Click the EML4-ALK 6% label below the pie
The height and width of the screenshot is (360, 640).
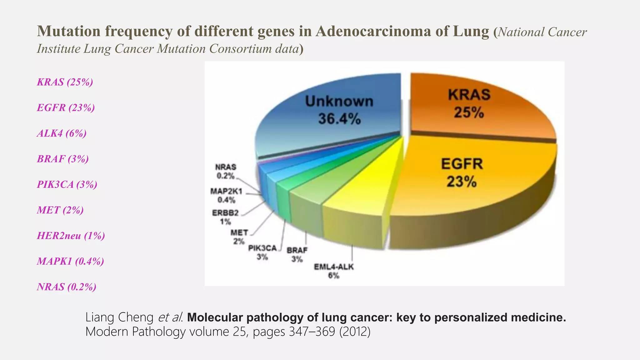(x=333, y=271)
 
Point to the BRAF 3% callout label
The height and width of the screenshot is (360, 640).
(x=297, y=254)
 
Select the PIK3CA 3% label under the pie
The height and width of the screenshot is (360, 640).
(x=262, y=252)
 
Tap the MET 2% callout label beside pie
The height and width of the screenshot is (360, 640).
(x=239, y=237)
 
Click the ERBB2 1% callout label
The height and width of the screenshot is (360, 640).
(x=225, y=217)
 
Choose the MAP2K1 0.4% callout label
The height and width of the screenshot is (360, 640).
(x=226, y=195)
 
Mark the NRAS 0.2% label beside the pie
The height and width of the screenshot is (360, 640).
(x=226, y=171)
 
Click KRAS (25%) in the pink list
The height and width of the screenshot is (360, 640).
(x=65, y=82)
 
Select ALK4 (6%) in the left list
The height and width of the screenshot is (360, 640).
(x=62, y=133)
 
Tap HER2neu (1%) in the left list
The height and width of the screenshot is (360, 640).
(x=71, y=235)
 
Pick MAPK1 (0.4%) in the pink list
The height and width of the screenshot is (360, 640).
(x=70, y=261)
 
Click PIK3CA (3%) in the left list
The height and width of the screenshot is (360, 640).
(x=67, y=184)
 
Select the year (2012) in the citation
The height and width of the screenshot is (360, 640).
(x=355, y=331)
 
